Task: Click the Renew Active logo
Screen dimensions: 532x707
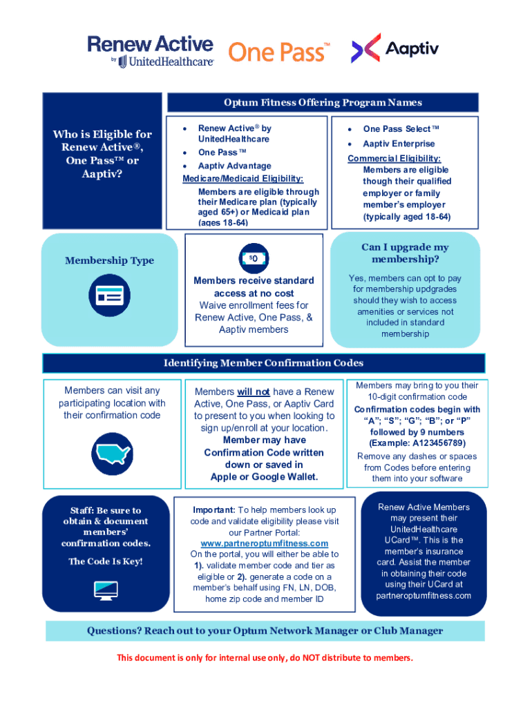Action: (150, 51)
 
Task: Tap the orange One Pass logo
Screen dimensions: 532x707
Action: (279, 52)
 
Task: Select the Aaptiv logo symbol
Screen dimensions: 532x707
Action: (366, 48)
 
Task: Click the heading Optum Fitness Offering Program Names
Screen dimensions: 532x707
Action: (323, 102)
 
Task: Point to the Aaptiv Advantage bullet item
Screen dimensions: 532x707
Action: (235, 166)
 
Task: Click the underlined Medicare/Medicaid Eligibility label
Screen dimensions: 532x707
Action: (243, 179)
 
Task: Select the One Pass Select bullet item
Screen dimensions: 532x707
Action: (401, 129)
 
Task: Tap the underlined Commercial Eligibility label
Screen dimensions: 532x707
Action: (394, 158)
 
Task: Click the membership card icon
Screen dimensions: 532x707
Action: (110, 296)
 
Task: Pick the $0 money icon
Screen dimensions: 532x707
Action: (254, 258)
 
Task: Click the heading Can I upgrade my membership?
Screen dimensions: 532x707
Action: (405, 253)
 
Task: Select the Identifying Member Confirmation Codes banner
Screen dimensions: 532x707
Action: (263, 363)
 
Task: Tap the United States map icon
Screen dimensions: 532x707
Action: (113, 454)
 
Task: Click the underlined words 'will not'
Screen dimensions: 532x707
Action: (254, 392)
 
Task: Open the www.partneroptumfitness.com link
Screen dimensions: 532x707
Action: (265, 543)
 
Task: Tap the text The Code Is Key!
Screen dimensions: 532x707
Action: (106, 561)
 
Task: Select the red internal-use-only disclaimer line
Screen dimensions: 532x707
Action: (265, 658)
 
